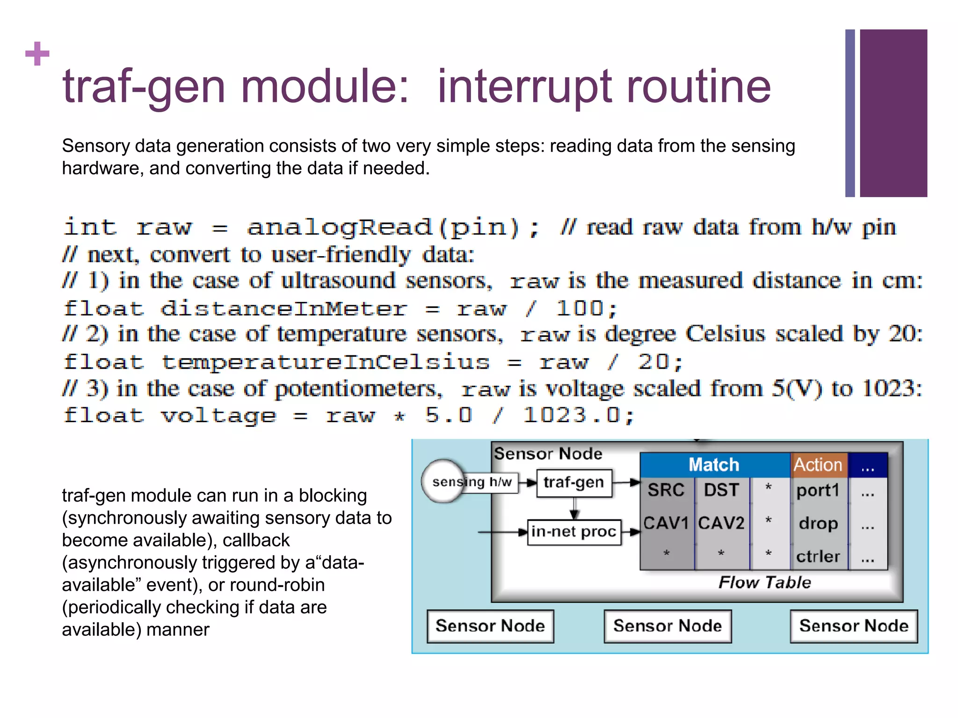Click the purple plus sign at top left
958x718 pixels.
(x=37, y=54)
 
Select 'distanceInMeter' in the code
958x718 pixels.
(x=283, y=309)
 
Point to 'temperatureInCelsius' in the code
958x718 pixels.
(x=326, y=362)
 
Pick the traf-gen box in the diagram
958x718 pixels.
(x=574, y=482)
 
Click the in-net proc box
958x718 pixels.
(x=574, y=532)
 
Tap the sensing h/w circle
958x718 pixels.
(x=443, y=481)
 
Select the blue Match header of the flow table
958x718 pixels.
(x=714, y=465)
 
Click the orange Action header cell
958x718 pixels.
(x=818, y=465)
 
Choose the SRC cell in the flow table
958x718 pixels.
(x=666, y=490)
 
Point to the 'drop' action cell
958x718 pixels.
(x=818, y=523)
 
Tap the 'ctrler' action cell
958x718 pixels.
(x=818, y=556)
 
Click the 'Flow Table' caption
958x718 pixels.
(x=764, y=582)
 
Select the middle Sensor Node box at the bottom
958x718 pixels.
(x=668, y=626)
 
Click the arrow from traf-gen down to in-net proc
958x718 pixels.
(x=574, y=509)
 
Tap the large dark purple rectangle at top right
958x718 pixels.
(x=893, y=113)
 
